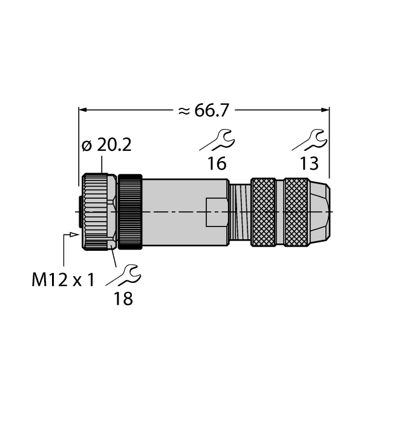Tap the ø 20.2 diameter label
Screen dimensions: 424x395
(106, 145)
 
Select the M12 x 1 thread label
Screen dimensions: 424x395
(63, 280)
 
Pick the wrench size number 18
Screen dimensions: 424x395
(123, 298)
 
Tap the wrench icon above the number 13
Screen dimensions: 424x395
(309, 140)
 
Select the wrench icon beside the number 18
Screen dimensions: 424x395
(123, 274)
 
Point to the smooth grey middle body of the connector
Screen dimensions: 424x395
(175, 194)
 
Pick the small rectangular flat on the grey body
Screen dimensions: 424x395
(217, 211)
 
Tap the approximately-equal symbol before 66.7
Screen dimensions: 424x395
(183, 110)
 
